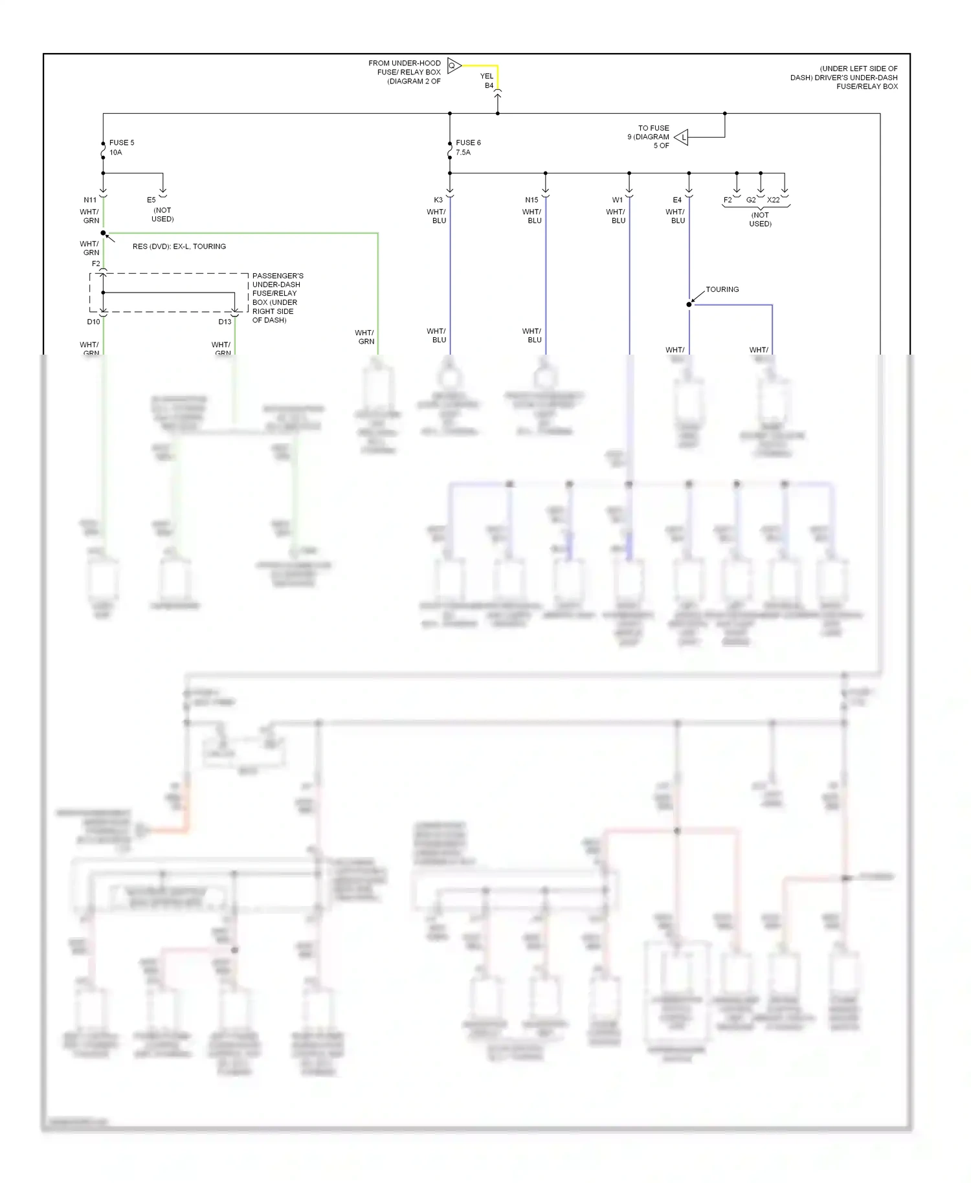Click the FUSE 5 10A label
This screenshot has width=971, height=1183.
coord(121,148)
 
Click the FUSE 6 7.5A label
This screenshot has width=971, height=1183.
coord(467,148)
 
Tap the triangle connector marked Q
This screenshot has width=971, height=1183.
coord(453,65)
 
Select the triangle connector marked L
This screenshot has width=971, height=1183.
coord(682,137)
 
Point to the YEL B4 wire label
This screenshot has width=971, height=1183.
coord(487,81)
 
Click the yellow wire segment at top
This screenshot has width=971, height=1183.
coord(480,65)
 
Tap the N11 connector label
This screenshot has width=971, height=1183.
coord(90,200)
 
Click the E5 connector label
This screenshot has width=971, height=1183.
coord(151,200)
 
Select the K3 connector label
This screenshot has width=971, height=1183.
coord(438,200)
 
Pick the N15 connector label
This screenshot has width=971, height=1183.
coord(531,200)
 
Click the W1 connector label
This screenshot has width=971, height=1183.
coord(617,200)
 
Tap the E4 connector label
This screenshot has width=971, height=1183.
coord(676,200)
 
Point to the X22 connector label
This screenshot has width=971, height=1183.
coord(773,200)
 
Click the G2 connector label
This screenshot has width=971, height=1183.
coord(750,200)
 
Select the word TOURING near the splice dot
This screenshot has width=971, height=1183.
coord(722,289)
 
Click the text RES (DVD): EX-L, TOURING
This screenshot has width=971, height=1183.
coord(179,247)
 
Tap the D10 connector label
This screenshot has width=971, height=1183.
coord(94,322)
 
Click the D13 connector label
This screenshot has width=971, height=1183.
coord(225,322)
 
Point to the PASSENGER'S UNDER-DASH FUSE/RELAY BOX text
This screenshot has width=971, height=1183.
coord(277,298)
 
